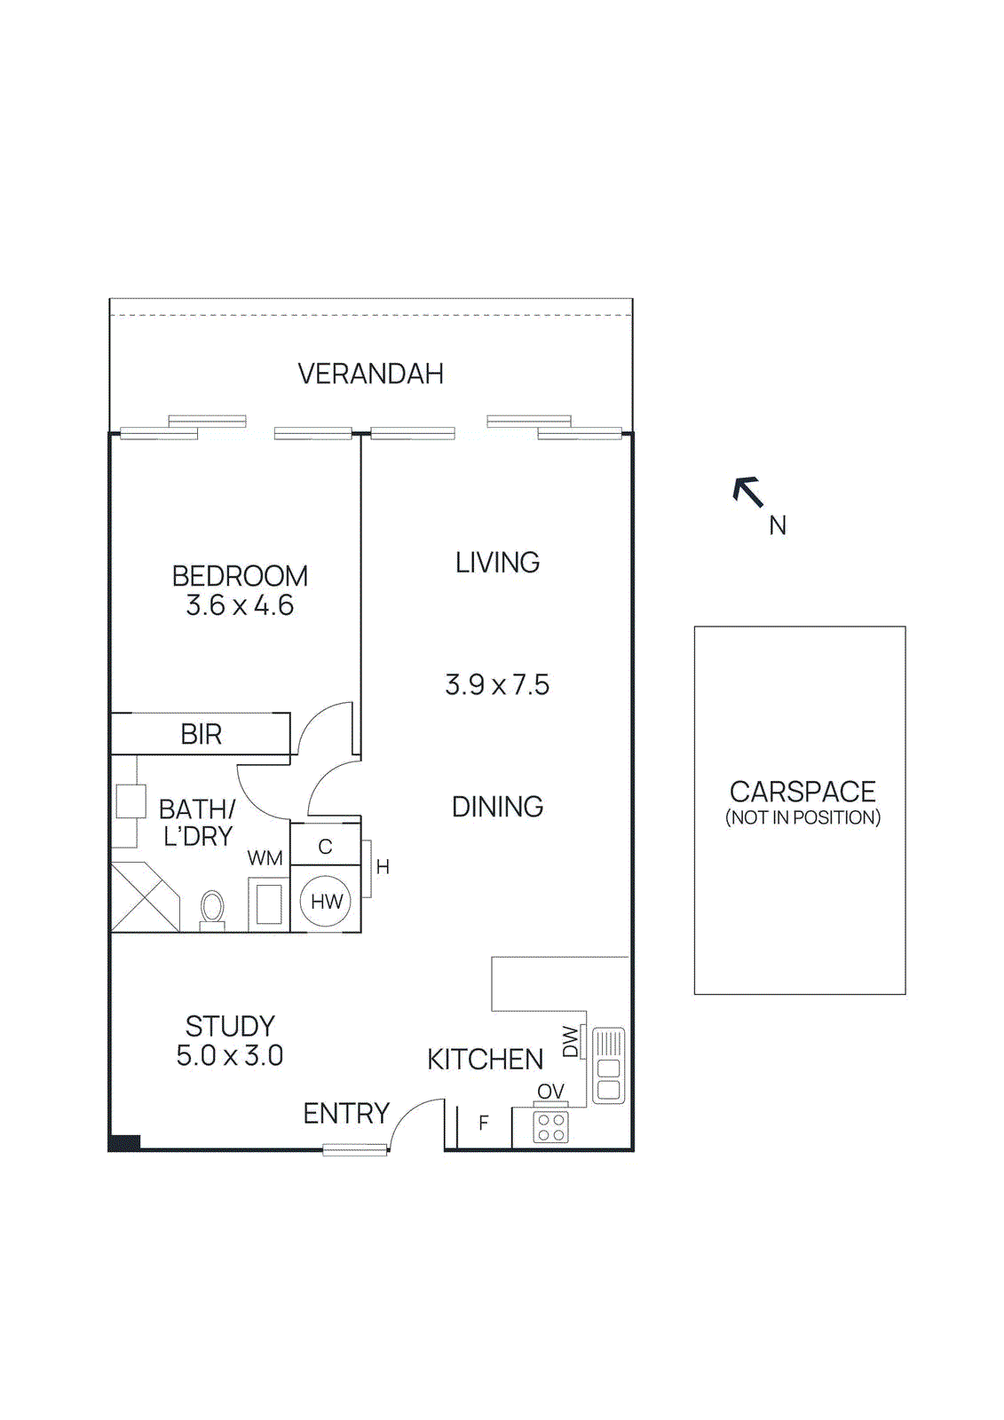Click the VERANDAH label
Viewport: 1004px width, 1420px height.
coord(370,374)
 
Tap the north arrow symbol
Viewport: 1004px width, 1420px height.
coord(748,492)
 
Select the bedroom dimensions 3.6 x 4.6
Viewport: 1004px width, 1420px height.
coord(240,605)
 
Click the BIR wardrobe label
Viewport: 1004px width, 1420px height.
coord(201,735)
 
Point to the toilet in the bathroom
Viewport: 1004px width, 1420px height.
coord(212,909)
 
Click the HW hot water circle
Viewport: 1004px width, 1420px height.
coord(326,902)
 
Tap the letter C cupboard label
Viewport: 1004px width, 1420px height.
coord(325,847)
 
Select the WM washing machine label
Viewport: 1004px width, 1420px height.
coord(265,858)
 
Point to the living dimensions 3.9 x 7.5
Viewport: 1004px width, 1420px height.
coord(497,685)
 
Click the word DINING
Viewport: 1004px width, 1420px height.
coord(497,807)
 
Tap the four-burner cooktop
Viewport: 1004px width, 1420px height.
coord(550,1127)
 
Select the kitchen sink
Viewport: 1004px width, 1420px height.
coord(608,1066)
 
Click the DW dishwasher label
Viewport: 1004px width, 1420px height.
coord(571,1042)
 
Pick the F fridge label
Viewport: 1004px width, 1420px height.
coord(484,1123)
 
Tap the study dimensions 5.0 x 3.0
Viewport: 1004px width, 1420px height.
coord(229,1056)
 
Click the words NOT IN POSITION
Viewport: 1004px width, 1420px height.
coord(802,817)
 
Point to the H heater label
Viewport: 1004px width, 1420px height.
coord(383,867)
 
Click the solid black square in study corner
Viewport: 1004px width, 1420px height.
coord(125,1142)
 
